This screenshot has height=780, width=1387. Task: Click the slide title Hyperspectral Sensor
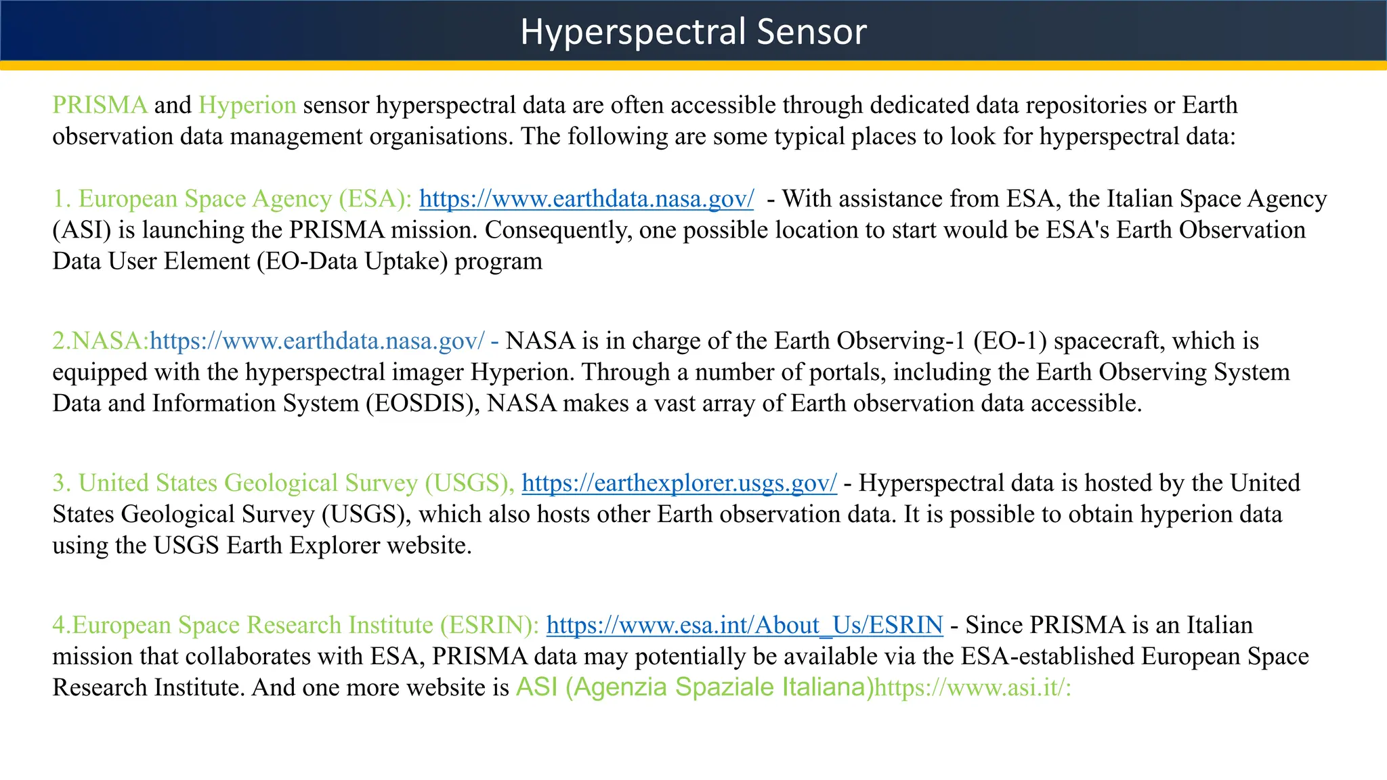click(693, 32)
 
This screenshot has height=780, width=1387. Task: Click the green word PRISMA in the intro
click(100, 106)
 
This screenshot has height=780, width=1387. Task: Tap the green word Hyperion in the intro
click(247, 106)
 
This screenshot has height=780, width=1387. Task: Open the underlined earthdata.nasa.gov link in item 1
click(586, 199)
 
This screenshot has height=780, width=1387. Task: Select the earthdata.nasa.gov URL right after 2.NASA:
click(317, 341)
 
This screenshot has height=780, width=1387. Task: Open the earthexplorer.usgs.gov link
click(679, 483)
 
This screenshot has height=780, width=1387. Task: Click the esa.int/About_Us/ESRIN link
click(744, 625)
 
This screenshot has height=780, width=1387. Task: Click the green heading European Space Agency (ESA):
click(232, 199)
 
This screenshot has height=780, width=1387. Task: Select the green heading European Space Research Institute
click(296, 625)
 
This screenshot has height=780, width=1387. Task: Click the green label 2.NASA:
click(100, 341)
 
